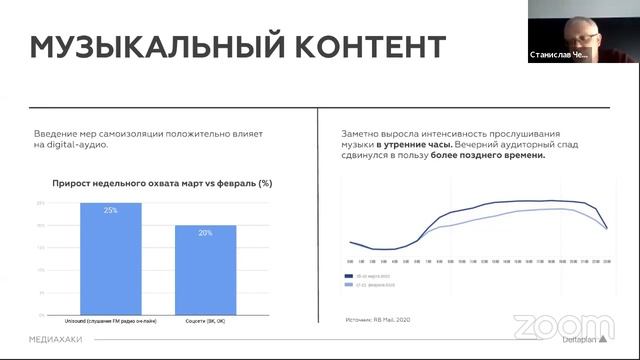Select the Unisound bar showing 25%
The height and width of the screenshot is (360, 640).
(x=110, y=250)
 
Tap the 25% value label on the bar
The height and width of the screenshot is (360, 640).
(x=110, y=210)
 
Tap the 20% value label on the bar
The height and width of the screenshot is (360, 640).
(x=205, y=232)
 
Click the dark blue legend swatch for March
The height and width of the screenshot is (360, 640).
(x=349, y=274)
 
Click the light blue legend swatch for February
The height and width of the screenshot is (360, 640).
(x=349, y=284)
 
